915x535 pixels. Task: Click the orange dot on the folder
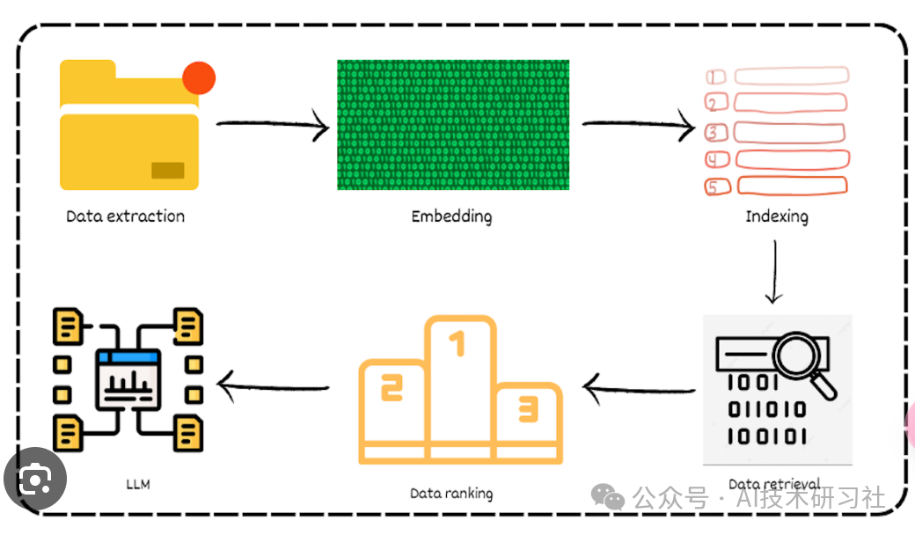click(x=199, y=79)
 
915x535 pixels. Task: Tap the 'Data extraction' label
click(x=126, y=216)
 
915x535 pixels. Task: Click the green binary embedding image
click(x=452, y=124)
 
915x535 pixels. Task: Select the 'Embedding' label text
click(x=451, y=216)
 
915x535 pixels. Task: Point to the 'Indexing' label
click(x=776, y=216)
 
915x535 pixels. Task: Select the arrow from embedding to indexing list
click(x=637, y=127)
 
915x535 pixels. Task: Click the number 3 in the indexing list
click(x=716, y=133)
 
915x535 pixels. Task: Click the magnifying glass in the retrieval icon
click(x=802, y=362)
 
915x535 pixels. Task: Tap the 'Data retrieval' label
click(x=774, y=483)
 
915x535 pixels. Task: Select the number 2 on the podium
click(x=391, y=386)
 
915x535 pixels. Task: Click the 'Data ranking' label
click(x=451, y=494)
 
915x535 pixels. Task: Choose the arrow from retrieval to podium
click(x=637, y=387)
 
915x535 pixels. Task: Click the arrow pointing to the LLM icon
click(x=273, y=385)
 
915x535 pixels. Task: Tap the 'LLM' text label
click(x=138, y=483)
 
